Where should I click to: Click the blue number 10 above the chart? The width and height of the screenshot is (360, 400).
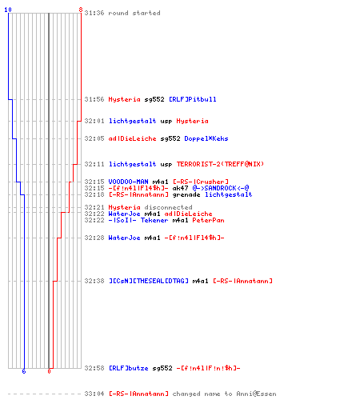(x=8, y=10)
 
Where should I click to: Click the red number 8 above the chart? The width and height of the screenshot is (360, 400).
(x=81, y=10)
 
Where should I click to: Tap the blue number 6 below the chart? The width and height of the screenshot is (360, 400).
(x=24, y=371)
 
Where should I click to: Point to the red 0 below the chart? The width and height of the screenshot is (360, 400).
(x=49, y=371)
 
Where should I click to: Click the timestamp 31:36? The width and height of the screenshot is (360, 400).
(x=94, y=13)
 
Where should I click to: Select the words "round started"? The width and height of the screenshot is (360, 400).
(x=134, y=13)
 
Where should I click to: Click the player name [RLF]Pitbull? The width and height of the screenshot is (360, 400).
(x=193, y=99)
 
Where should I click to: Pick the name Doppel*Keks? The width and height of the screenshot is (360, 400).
(x=206, y=138)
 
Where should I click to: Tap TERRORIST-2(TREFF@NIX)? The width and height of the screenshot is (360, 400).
(x=220, y=164)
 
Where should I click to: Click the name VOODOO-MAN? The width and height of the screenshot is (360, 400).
(x=128, y=182)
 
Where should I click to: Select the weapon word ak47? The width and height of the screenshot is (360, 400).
(x=180, y=188)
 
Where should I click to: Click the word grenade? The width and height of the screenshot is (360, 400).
(x=186, y=195)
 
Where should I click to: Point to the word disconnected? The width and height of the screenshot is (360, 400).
(x=168, y=207)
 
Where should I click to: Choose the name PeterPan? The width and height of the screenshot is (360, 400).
(x=208, y=220)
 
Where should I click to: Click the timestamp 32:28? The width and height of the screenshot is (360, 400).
(x=94, y=238)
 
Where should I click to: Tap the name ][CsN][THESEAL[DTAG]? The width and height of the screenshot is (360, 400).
(x=149, y=281)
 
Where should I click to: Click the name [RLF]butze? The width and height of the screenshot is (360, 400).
(x=129, y=368)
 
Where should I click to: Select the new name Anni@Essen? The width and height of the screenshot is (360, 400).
(x=256, y=394)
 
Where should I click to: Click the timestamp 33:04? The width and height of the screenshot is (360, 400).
(x=94, y=394)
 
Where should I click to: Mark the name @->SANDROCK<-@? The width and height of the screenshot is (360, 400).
(x=221, y=188)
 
